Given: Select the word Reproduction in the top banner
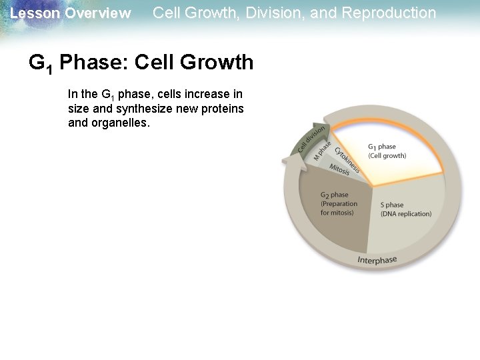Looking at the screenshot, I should point(389,13).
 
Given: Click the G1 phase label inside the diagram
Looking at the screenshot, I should point(382,147).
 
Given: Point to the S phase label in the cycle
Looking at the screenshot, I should point(392,205).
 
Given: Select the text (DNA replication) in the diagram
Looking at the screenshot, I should point(405,214).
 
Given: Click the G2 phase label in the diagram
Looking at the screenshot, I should point(334,195).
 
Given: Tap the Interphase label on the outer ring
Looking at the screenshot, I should point(377,260).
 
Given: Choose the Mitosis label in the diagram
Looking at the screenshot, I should point(340,171).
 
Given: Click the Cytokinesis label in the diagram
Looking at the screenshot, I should point(347,160).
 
